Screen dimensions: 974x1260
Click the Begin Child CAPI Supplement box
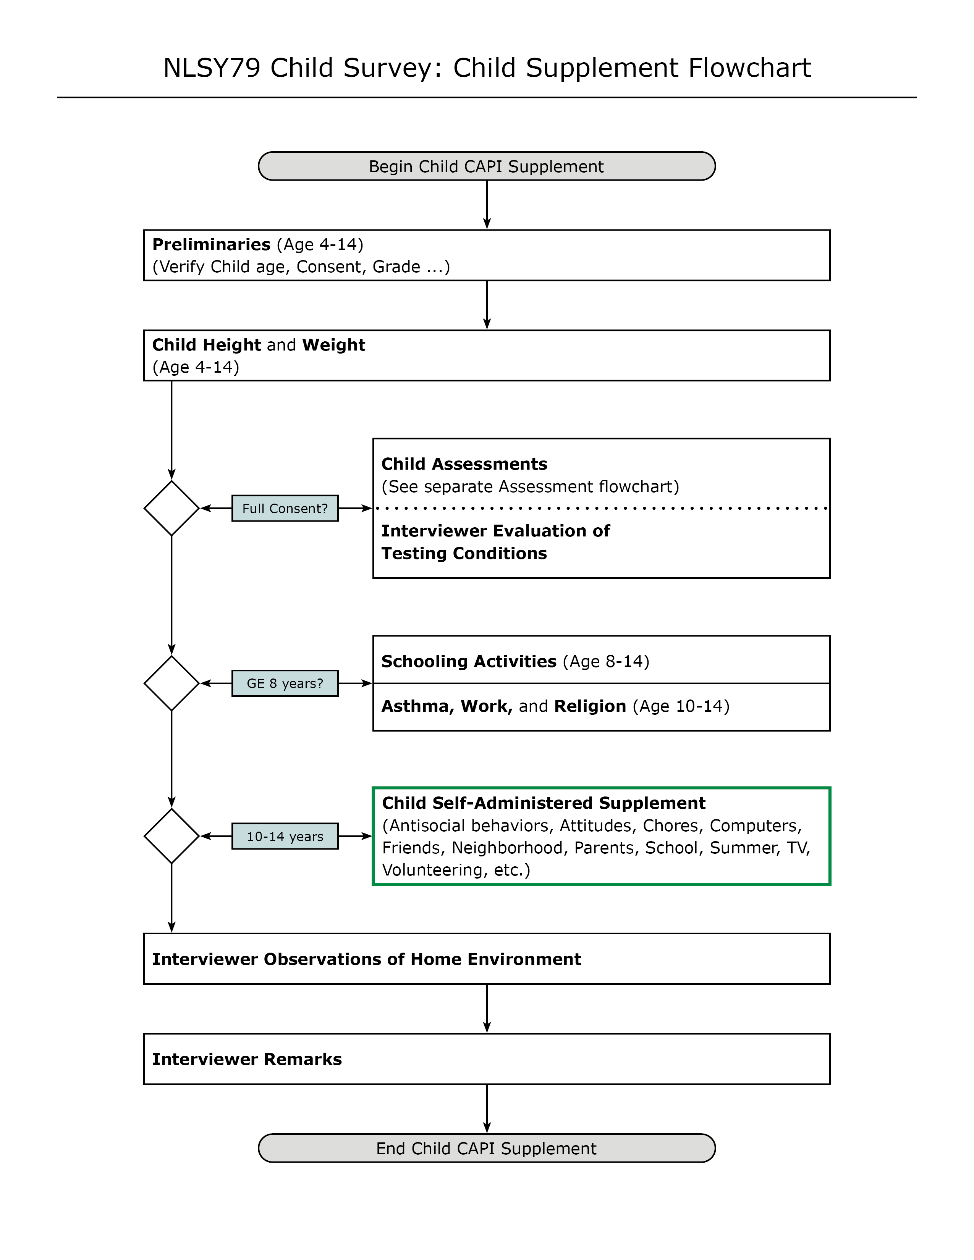coord(486,166)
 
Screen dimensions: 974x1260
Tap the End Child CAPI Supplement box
coord(486,1148)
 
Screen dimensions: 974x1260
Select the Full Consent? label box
coord(285,508)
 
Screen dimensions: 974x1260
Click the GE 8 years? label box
coord(285,683)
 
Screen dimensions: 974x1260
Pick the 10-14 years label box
coord(285,836)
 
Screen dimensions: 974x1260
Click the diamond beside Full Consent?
coord(172,508)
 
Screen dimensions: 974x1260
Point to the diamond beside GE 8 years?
coord(172,683)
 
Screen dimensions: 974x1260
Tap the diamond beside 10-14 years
coord(172,836)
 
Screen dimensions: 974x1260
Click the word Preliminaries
coord(211,245)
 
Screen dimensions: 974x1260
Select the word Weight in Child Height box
coord(333,345)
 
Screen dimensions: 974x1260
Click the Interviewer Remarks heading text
coord(247,1059)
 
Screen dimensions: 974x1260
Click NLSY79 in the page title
coord(212,68)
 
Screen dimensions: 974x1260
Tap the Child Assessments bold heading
coord(464,464)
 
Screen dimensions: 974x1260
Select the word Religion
coord(590,706)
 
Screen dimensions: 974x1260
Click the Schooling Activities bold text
coord(469,661)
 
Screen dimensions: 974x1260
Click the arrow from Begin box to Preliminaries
coord(487,205)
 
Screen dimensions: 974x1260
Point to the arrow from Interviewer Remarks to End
coord(487,1109)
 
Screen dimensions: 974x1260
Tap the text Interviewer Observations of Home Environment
coord(366,959)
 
